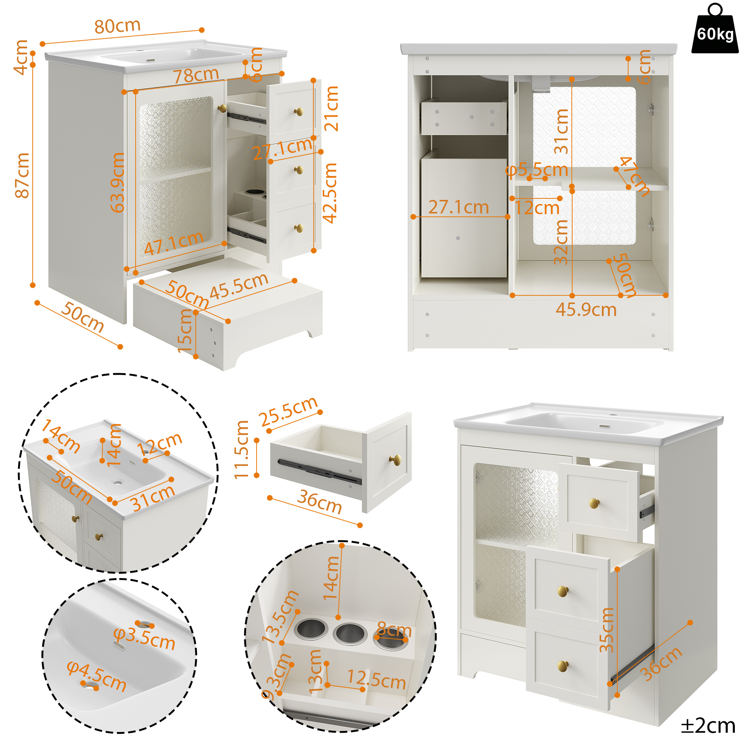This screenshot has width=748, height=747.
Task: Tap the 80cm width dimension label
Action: tap(118, 26)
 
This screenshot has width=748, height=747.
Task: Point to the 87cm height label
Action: tap(22, 175)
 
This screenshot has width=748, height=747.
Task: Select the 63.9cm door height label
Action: tap(117, 182)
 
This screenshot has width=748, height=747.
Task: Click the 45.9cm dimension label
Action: tap(586, 310)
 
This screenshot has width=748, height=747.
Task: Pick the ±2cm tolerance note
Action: tap(708, 726)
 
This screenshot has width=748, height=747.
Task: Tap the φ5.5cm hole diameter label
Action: tap(536, 169)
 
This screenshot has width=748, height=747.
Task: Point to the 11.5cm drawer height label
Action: tap(241, 450)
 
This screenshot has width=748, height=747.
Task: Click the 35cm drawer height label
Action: tap(607, 630)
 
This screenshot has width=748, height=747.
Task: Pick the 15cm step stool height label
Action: tap(185, 331)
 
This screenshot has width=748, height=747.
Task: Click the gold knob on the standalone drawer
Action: tap(395, 460)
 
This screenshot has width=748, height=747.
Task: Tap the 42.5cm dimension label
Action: tap(330, 193)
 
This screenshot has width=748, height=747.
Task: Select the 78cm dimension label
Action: tap(196, 75)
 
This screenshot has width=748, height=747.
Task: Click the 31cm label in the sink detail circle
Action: tap(152, 498)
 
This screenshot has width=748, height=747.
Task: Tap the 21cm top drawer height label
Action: tap(331, 109)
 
